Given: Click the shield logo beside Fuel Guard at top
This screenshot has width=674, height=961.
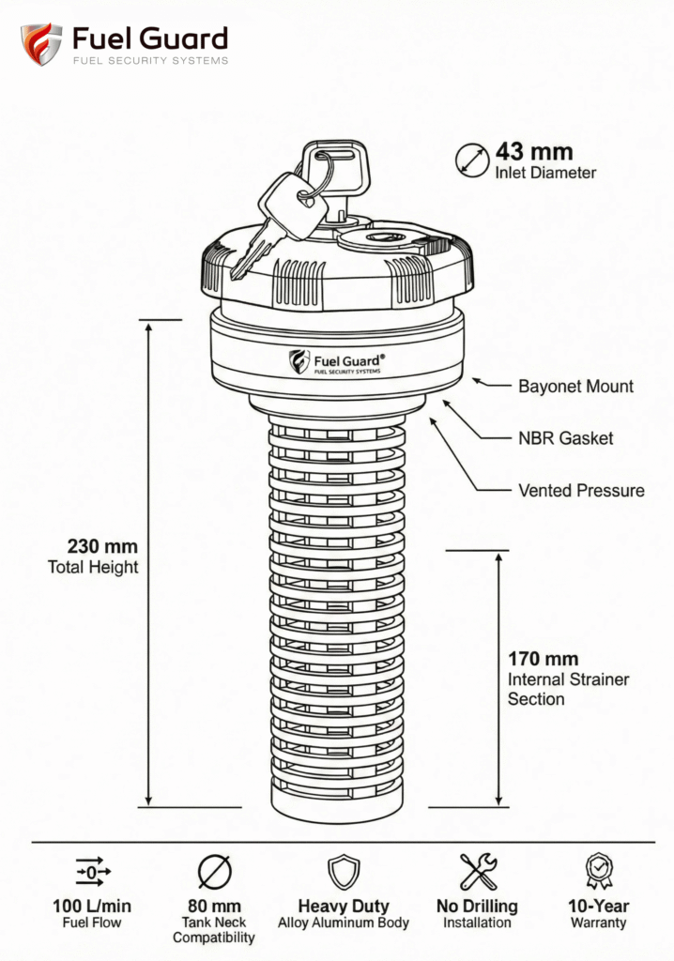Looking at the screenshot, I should pyautogui.click(x=41, y=45).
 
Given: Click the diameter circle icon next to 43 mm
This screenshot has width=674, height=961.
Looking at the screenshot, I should pyautogui.click(x=471, y=160).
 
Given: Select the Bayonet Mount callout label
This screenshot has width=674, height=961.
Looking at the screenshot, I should pyautogui.click(x=575, y=386).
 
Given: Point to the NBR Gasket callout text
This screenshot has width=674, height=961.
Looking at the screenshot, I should pyautogui.click(x=565, y=438).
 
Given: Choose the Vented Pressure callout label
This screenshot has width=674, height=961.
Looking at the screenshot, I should pyautogui.click(x=581, y=490).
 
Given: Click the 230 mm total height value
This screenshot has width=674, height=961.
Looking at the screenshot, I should pyautogui.click(x=102, y=546).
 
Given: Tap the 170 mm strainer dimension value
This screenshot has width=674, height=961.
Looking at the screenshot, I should pyautogui.click(x=543, y=658).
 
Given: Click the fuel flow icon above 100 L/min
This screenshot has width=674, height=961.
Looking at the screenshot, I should pyautogui.click(x=92, y=873).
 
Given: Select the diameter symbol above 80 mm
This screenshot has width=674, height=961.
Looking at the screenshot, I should pyautogui.click(x=214, y=873).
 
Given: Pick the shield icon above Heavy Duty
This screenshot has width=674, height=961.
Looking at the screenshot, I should pyautogui.click(x=343, y=872).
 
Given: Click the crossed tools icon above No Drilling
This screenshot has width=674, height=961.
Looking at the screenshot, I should pyautogui.click(x=478, y=872).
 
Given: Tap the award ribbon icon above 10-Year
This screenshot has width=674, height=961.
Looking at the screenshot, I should pyautogui.click(x=598, y=871).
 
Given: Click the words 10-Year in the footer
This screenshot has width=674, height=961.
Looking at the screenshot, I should pyautogui.click(x=599, y=907).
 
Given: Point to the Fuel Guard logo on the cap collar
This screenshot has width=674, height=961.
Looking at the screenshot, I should pyautogui.click(x=337, y=362).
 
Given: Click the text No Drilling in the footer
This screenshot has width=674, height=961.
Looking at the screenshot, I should pyautogui.click(x=477, y=907).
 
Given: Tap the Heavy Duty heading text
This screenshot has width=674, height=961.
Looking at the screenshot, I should pyautogui.click(x=343, y=907).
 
